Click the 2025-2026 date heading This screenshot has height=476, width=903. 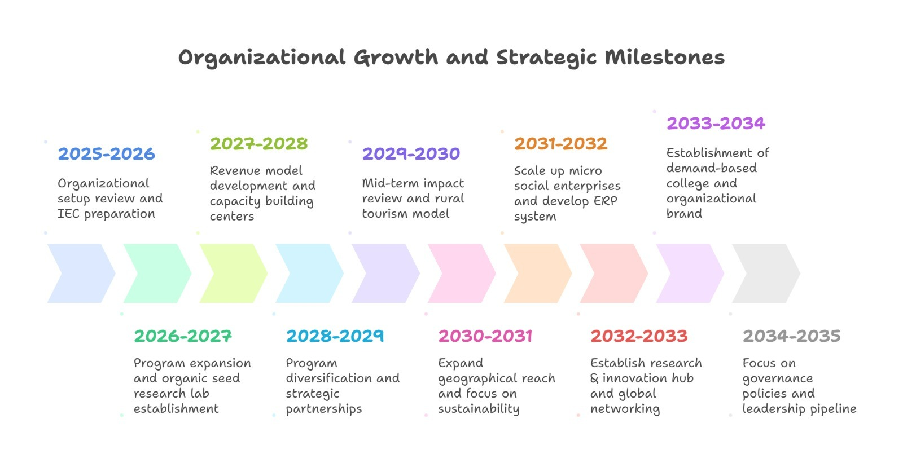(106, 154)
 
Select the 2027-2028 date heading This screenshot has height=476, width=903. (258, 144)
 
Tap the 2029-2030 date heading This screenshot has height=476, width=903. (411, 154)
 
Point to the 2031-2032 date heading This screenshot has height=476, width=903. (560, 144)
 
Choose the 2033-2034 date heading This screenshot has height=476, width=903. (716, 124)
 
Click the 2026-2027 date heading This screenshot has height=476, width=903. (183, 336)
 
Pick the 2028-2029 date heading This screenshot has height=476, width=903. (335, 336)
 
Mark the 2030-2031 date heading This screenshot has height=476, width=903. (485, 336)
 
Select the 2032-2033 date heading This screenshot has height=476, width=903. (639, 336)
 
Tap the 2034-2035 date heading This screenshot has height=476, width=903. (791, 336)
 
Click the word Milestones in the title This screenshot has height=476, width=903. (664, 58)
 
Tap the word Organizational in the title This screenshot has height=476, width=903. (261, 58)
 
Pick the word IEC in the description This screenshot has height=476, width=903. (68, 214)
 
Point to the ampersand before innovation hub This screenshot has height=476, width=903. (594, 378)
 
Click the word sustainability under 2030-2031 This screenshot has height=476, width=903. (479, 409)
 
